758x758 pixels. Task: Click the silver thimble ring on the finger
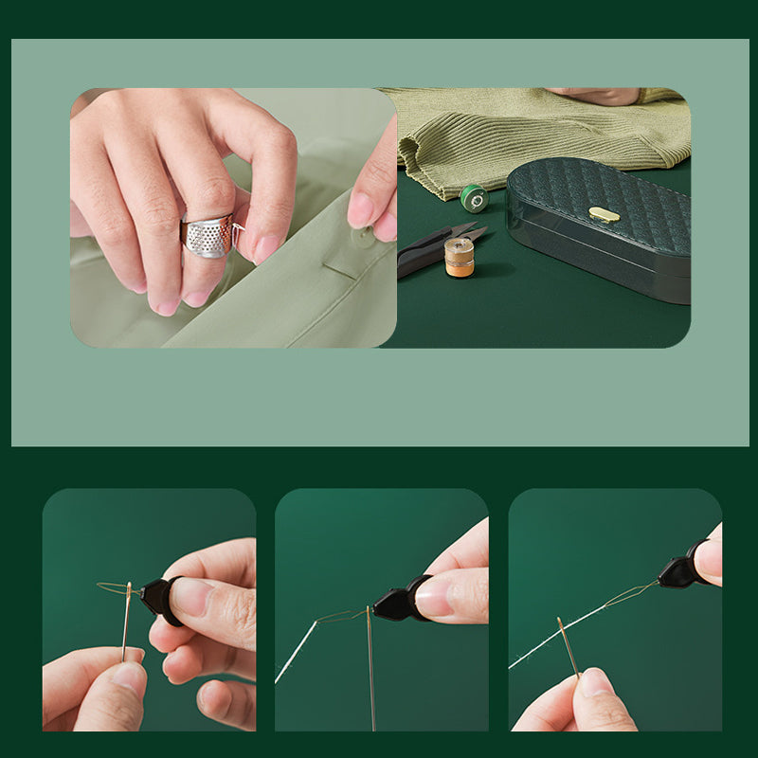(208, 236)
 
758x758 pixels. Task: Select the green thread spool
(473, 198)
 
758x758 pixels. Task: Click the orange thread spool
(459, 258)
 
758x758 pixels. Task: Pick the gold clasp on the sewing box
(604, 214)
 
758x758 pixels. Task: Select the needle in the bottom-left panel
(126, 621)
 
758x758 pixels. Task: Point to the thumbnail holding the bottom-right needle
(593, 683)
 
